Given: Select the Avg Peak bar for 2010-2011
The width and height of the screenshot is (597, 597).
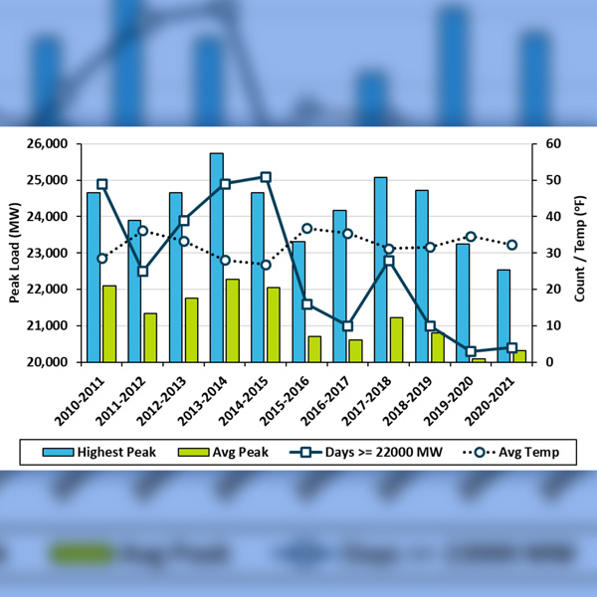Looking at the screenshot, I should tap(109, 323).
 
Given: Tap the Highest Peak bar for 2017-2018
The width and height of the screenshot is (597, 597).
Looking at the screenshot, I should tap(381, 269).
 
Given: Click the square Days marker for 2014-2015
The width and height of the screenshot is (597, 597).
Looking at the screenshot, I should tap(266, 177).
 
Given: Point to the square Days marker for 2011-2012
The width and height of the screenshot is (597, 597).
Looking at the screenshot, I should tap(142, 271).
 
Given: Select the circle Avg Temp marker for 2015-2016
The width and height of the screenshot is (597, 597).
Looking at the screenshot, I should tap(306, 228).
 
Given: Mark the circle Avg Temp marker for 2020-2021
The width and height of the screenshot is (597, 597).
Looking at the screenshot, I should tap(511, 245).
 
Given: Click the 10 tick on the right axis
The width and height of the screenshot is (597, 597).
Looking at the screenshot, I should tap(542, 325).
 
